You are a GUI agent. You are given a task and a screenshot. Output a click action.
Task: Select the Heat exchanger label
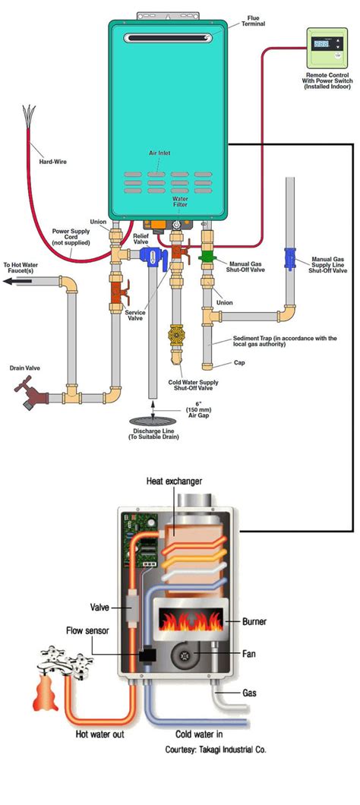pos(176,481)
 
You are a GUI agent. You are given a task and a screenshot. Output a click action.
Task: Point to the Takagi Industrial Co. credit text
pos(216,750)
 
